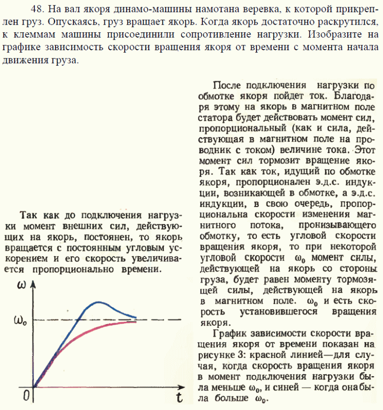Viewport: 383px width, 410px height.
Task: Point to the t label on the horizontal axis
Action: click(x=179, y=398)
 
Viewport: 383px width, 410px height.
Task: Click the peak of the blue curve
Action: click(x=99, y=302)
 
